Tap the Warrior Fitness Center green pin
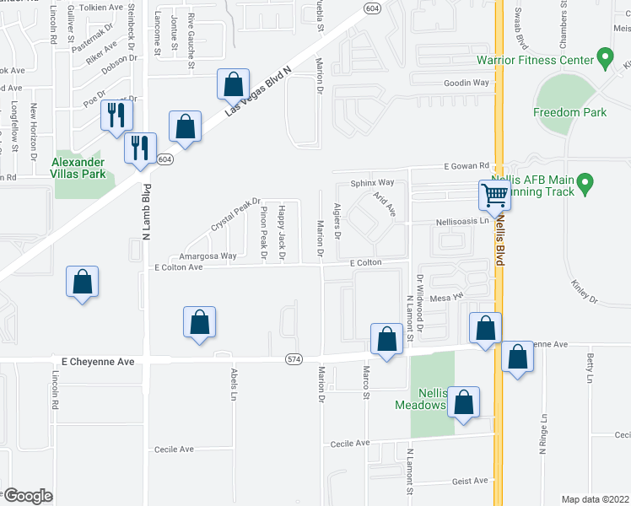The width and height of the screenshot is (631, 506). [x=604, y=58]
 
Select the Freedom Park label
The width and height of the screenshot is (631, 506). [x=569, y=112]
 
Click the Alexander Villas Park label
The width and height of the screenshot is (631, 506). [x=78, y=168]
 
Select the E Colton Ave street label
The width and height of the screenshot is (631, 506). [x=178, y=267]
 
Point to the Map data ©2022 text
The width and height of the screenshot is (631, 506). [x=595, y=499]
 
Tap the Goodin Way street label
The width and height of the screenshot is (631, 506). [x=467, y=83]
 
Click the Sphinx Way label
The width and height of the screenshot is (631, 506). [x=372, y=182]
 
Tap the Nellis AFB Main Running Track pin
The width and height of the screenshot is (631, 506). [x=587, y=182]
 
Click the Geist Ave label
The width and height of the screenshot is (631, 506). [x=469, y=481]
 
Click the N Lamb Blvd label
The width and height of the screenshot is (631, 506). [x=146, y=213]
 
